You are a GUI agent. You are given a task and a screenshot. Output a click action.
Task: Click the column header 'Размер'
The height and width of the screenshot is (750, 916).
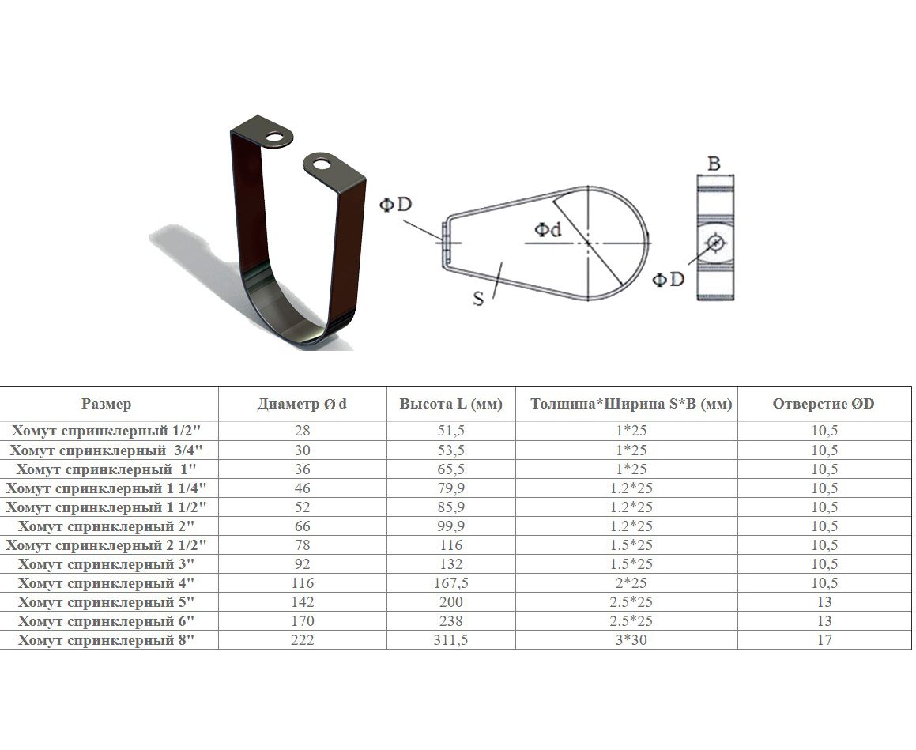pyautogui.click(x=107, y=404)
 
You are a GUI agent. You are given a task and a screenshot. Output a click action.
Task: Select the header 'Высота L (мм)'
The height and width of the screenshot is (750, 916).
pyautogui.click(x=451, y=404)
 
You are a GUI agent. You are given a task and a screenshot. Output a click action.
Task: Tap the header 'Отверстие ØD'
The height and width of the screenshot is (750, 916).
pyautogui.click(x=824, y=404)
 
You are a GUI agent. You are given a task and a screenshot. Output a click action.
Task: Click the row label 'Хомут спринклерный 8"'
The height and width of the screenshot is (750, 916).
pyautogui.click(x=106, y=640)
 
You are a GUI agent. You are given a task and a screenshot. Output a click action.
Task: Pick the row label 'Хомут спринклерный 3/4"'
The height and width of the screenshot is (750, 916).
pyautogui.click(x=106, y=450)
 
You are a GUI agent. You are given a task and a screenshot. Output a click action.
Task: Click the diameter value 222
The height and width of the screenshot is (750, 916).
pyautogui.click(x=303, y=640)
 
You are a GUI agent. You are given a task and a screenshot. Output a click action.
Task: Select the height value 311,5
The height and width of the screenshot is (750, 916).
pyautogui.click(x=451, y=640)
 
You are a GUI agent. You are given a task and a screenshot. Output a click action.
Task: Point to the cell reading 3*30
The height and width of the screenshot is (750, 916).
pyautogui.click(x=631, y=640)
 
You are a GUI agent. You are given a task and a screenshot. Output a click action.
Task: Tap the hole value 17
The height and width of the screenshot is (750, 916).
pyautogui.click(x=824, y=640)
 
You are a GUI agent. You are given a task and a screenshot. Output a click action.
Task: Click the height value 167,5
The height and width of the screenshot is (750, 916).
pyautogui.click(x=451, y=583)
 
